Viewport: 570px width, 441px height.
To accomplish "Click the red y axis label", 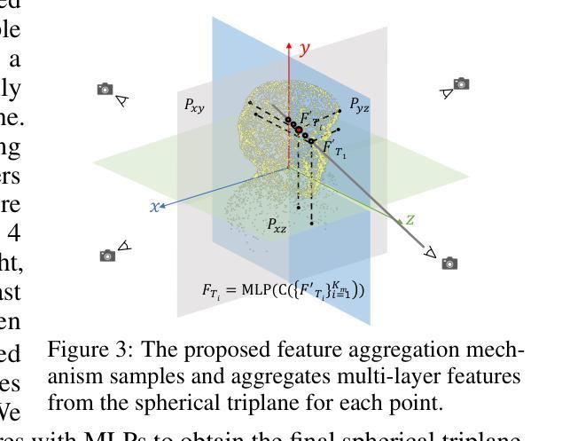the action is click(306, 49).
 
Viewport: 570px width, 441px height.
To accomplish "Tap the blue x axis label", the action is click(154, 206).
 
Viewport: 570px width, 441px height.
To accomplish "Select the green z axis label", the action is click(410, 219).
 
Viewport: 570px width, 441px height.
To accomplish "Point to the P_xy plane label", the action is click(194, 105).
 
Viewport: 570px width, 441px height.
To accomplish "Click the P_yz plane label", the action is click(359, 106).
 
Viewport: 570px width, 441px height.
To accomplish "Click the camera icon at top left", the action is click(105, 89).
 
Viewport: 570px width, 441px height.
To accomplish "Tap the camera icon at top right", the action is click(461, 83).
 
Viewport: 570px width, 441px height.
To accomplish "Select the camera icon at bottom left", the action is click(107, 256).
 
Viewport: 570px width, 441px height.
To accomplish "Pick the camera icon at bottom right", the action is click(449, 263).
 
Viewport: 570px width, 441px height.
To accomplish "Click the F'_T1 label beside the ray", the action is click(335, 148).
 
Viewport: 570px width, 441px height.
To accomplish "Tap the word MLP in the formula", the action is click(257, 290).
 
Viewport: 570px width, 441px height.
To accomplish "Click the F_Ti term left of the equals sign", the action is click(213, 291).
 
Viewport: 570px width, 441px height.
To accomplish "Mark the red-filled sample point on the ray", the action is click(299, 130).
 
